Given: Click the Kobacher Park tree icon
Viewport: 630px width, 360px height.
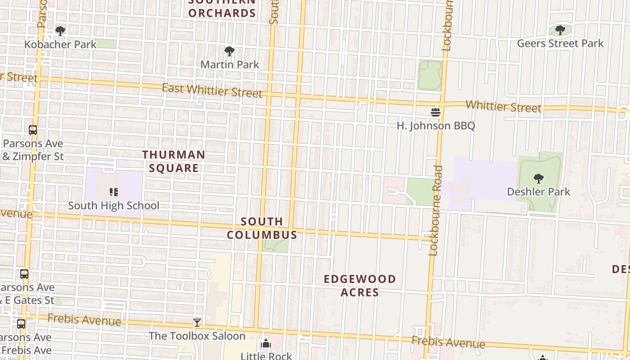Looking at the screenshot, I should click(60, 31).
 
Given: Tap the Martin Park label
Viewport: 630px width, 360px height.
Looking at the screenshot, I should click(229, 64).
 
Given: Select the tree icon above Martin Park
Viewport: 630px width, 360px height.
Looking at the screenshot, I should click(229, 51).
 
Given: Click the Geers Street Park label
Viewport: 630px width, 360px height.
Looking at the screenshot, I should click(560, 44).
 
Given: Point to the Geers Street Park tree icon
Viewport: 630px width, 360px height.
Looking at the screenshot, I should click(560, 30).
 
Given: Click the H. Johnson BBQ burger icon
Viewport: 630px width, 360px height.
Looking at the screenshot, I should click(435, 112).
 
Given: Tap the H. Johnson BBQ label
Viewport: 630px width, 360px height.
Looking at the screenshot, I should click(436, 126).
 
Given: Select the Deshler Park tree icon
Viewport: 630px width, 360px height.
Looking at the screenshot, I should click(538, 179).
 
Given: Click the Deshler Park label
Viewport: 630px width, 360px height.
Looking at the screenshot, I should click(538, 192).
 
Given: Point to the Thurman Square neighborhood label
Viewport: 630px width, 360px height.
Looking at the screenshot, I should click(174, 161).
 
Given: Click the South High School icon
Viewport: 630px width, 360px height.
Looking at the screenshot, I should click(114, 193).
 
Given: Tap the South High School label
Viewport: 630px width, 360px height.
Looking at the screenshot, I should click(113, 206).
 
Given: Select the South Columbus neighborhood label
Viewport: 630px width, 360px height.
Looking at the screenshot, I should click(262, 228).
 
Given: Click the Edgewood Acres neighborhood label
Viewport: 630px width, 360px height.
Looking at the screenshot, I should click(360, 285).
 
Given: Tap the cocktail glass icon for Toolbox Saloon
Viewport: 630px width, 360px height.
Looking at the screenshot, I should click(197, 322).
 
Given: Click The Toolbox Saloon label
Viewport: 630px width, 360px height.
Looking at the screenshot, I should click(197, 336).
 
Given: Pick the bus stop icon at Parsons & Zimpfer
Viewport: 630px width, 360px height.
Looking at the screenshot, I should click(33, 130).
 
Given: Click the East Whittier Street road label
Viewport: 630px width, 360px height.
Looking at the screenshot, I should click(211, 90).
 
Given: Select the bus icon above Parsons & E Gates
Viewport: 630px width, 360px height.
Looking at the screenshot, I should click(24, 274).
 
